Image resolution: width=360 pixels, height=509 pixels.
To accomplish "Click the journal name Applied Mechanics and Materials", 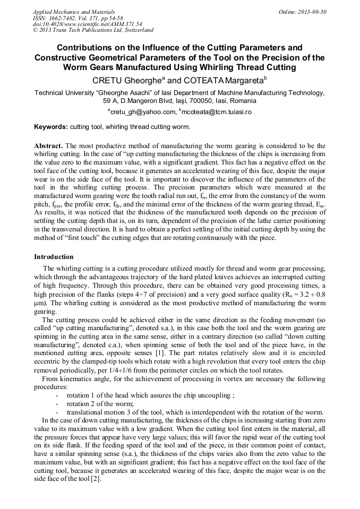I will [73, 12].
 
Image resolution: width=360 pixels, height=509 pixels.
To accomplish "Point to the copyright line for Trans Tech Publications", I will [93, 31].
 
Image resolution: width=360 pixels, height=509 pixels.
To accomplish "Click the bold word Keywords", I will [50, 127].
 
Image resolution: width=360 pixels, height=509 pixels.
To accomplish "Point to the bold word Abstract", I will [48, 145].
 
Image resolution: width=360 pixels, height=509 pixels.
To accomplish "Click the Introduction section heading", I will [54, 257].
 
